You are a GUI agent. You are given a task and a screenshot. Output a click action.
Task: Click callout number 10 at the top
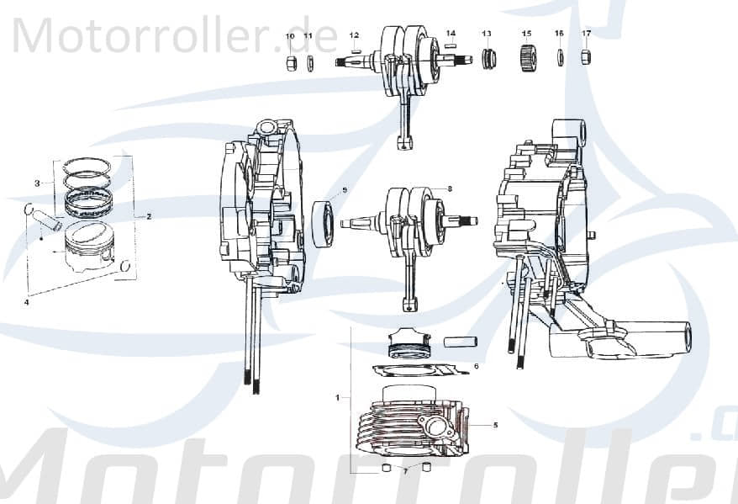(x=290, y=37)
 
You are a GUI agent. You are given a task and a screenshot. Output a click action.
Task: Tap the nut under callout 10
(x=290, y=63)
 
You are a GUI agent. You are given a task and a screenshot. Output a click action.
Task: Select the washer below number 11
(x=309, y=63)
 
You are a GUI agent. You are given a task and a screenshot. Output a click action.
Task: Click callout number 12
(x=354, y=35)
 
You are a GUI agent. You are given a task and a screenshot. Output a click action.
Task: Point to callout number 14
(x=451, y=33)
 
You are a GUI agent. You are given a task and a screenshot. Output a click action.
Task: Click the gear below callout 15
(x=528, y=60)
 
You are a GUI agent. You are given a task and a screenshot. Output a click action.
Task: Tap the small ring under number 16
(x=560, y=59)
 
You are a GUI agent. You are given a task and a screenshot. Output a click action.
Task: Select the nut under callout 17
(x=587, y=58)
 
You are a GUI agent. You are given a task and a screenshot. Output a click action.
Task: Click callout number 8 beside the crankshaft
(x=450, y=189)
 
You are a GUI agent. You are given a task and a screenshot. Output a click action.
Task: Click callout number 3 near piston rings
(x=37, y=183)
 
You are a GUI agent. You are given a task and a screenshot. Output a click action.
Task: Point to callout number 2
(x=149, y=216)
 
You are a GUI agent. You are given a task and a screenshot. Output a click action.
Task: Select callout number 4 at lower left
(x=27, y=300)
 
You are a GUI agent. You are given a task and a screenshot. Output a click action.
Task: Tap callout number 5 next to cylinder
(x=495, y=426)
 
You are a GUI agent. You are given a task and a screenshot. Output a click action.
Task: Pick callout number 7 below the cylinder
(x=404, y=472)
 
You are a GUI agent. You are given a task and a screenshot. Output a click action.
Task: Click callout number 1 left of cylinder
(x=338, y=395)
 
